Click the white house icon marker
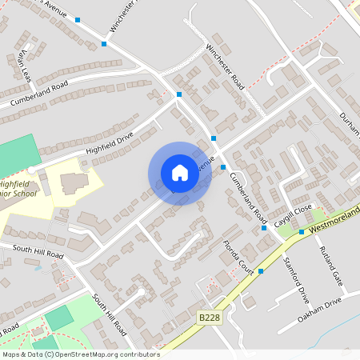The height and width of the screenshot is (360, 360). pyautogui.click(x=179, y=173)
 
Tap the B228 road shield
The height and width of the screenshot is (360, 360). pyautogui.click(x=210, y=318)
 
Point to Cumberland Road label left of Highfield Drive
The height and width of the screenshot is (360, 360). pyautogui.click(x=38, y=94)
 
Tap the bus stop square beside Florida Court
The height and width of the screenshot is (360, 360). pyautogui.click(x=261, y=271)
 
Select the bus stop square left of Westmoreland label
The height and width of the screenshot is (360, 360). pyautogui.click(x=302, y=232)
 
